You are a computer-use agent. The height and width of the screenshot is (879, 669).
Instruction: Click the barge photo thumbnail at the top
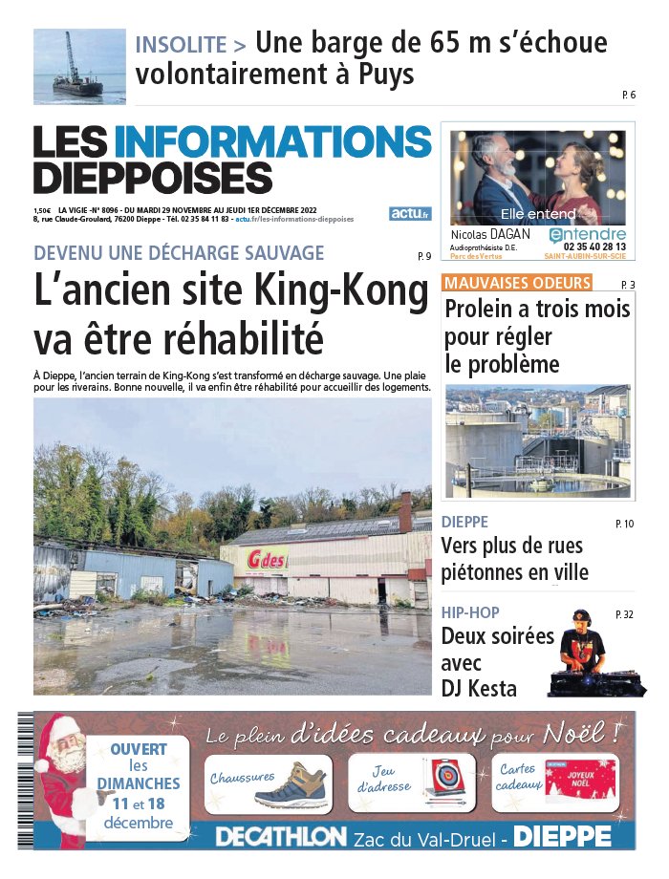click(79, 66)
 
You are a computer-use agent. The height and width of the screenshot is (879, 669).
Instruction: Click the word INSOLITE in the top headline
click(181, 44)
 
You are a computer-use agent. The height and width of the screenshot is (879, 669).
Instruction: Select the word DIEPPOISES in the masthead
click(153, 179)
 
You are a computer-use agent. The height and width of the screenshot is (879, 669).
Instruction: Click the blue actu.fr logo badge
click(411, 213)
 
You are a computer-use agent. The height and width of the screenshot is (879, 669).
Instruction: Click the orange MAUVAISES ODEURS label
click(517, 283)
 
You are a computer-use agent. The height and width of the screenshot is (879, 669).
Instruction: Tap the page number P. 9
click(425, 256)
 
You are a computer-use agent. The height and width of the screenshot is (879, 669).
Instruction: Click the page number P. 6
click(628, 95)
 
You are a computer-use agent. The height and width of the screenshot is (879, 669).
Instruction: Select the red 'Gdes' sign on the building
click(267, 558)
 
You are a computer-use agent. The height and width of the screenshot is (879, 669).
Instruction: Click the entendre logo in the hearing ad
click(588, 234)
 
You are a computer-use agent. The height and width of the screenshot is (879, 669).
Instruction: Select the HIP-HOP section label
click(470, 612)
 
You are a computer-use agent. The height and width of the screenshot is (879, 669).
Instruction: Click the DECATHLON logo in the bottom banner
click(281, 836)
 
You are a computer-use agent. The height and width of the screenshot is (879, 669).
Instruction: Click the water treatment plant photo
click(538, 440)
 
